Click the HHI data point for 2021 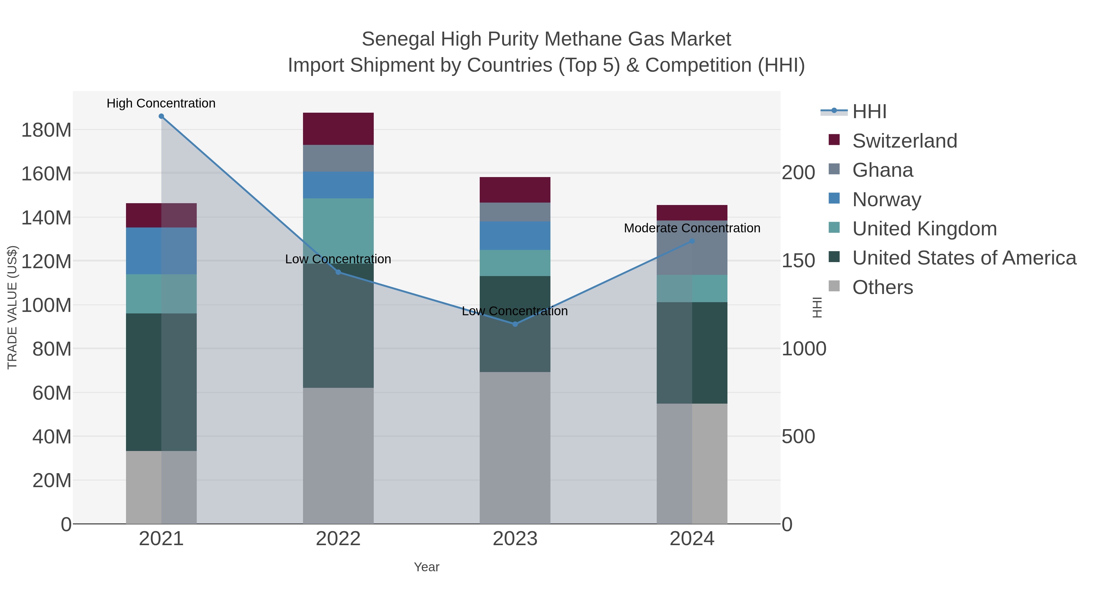[161, 116]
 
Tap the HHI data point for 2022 [338, 272]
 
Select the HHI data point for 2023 [515, 324]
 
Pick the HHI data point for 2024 [692, 241]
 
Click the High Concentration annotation [161, 104]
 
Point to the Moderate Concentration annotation [692, 228]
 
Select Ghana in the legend [883, 170]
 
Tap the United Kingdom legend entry [924, 229]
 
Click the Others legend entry [883, 287]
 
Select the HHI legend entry [869, 112]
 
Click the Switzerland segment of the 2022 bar [338, 129]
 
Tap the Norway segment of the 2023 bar [515, 236]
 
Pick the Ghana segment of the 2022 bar [338, 158]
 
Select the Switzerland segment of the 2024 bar [692, 213]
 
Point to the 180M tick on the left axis [46, 130]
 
